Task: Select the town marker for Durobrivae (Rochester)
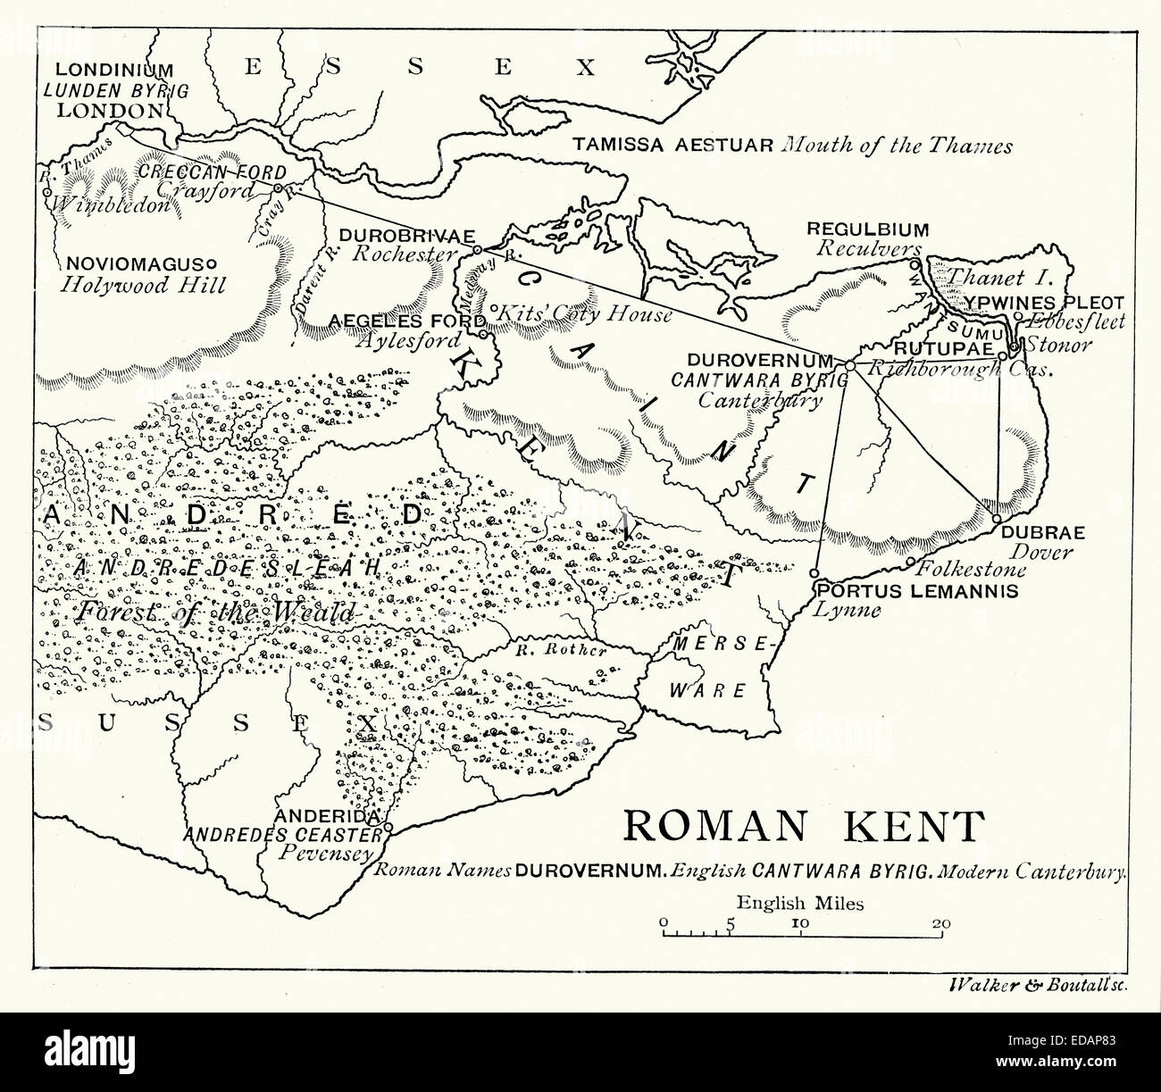(477, 250)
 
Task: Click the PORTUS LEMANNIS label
(916, 591)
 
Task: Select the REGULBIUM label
(868, 229)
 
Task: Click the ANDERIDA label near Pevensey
(329, 817)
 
